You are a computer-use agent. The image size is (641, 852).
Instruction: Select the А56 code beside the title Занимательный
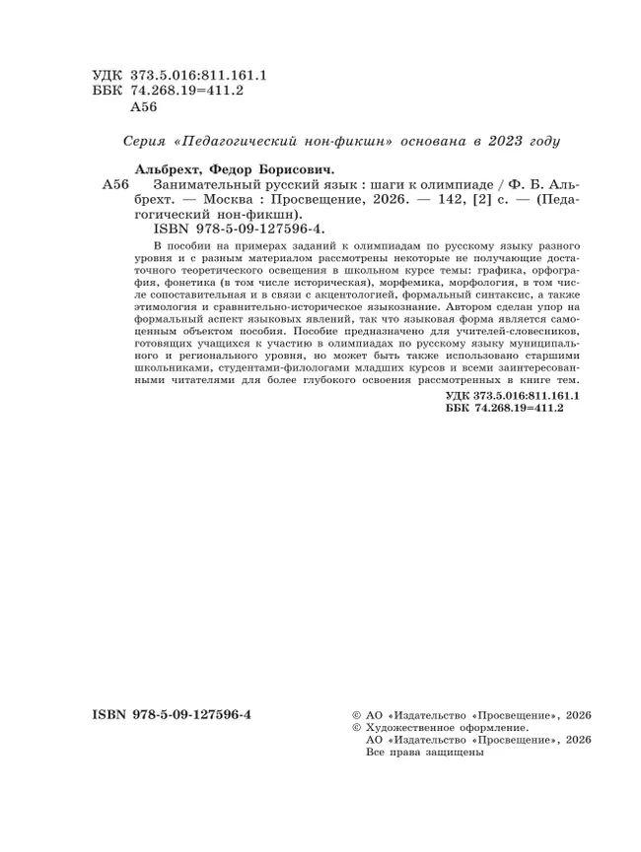116,184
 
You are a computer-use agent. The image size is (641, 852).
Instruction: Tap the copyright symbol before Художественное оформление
357,726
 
